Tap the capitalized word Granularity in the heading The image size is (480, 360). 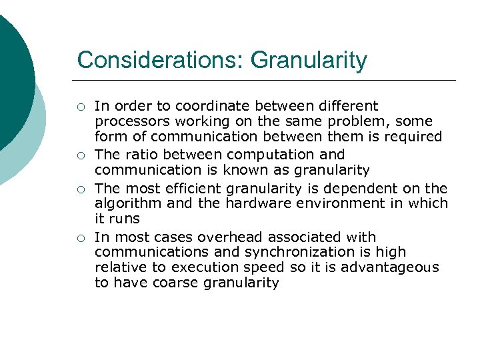tap(309, 60)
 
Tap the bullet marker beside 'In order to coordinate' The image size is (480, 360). tap(80, 107)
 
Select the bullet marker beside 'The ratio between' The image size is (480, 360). tap(80, 155)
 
